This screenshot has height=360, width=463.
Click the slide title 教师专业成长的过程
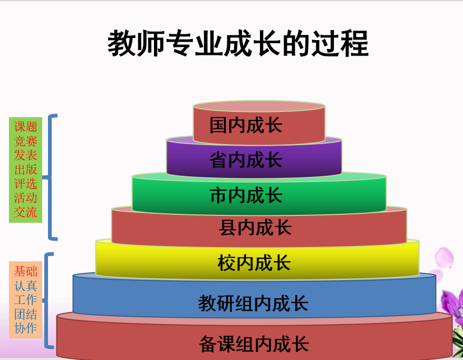pos(238,43)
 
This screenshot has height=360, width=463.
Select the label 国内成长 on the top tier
pos(246,125)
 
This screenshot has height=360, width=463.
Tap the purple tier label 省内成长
pos(246,160)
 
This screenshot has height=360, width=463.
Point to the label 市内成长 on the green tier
pos(246,195)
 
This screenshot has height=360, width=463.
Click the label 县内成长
pos(255,228)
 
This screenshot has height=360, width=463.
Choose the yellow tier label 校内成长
pos(254,263)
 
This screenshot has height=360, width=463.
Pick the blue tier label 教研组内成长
pos(253,303)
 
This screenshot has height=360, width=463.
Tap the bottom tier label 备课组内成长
pos(254,344)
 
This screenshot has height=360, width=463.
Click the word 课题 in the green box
pos(26,127)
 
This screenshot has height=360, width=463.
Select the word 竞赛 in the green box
pos(26,141)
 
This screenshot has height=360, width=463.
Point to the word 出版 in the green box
pos(26,169)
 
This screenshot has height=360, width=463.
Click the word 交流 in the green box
pos(26,212)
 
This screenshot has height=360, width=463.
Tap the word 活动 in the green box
pos(26,198)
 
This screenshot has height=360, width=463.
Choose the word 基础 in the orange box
pos(26,271)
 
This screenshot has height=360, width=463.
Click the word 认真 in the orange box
pos(26,286)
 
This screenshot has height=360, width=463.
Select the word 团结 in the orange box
pos(26,314)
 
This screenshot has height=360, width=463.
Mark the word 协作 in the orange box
pos(26,328)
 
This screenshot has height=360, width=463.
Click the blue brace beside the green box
pos(50,177)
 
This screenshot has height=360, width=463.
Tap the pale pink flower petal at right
pos(444,257)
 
